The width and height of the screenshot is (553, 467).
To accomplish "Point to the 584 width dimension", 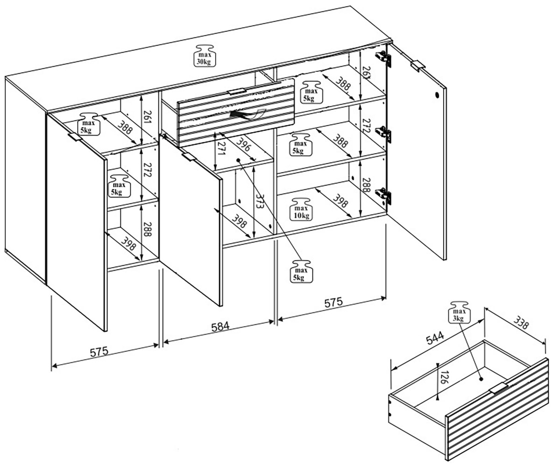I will coord(220,326).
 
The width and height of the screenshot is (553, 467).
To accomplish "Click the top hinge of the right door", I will coord(383,57).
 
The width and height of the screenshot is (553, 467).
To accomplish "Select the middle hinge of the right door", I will coord(384,134).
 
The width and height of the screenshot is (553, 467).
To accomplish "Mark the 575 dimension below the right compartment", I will coord(333,303).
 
